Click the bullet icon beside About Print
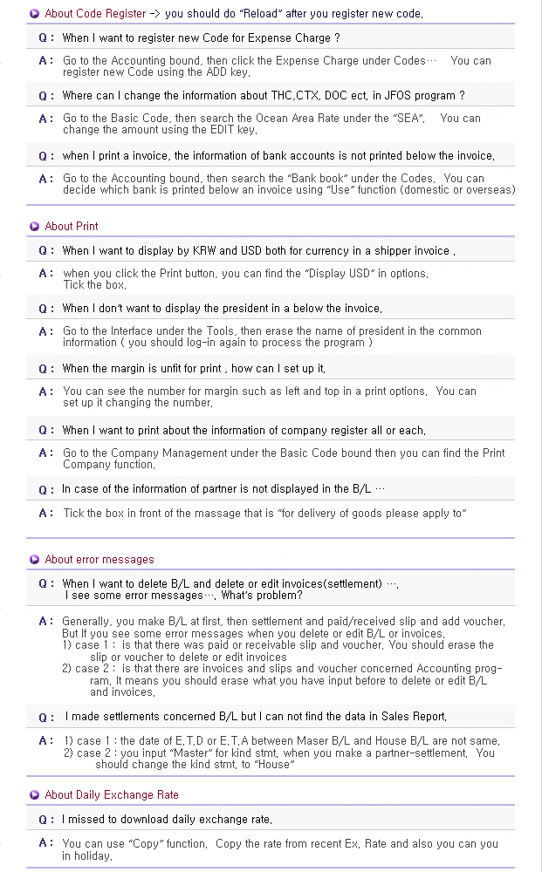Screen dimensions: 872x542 [34, 227]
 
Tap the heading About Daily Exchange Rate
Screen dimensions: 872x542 [111, 795]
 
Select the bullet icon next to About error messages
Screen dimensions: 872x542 [34, 560]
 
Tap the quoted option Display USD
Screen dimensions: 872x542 [346, 274]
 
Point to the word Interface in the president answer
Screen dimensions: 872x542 [133, 331]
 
